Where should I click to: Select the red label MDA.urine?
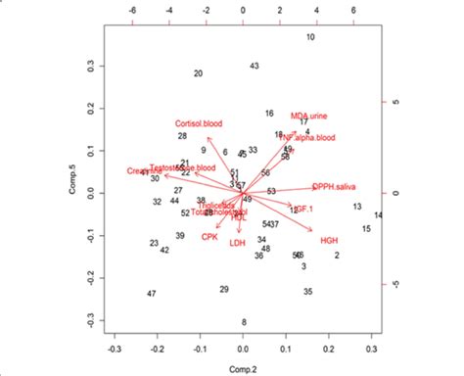click(309, 116)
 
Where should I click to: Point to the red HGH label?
click(329, 240)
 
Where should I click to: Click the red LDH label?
click(237, 243)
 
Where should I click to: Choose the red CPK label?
click(209, 237)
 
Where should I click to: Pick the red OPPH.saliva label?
click(335, 186)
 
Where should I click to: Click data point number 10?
click(310, 37)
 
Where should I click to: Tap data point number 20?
click(198, 73)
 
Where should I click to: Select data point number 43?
click(254, 66)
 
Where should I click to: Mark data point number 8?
click(244, 322)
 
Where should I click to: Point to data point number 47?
click(151, 294)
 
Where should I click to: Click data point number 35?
click(307, 292)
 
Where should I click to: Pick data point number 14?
click(378, 214)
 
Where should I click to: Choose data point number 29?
click(224, 289)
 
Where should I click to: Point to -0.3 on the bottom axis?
click(115, 348)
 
